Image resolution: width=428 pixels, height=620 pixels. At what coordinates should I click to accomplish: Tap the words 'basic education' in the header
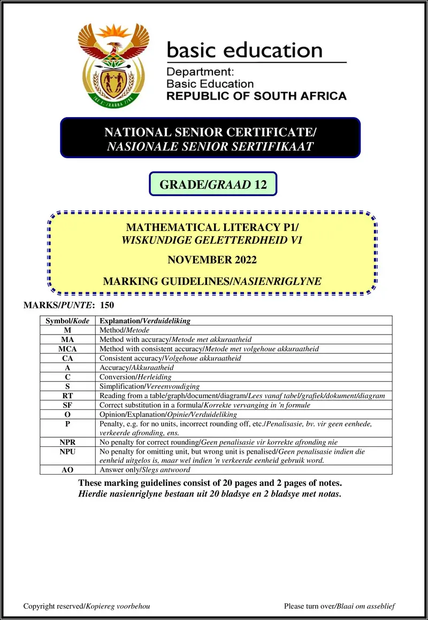pos(245,51)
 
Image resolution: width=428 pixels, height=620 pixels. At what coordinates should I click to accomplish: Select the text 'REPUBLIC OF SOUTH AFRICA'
pos(256,96)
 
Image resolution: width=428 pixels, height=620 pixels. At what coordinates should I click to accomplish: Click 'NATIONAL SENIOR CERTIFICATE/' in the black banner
pos(210,132)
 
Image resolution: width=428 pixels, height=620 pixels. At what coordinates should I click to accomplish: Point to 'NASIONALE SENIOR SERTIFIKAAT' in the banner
pos(210,146)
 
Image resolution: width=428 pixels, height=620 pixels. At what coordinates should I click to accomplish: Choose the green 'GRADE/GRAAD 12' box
pos(213,185)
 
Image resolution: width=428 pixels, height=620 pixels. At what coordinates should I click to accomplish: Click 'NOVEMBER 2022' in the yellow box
pos(212,260)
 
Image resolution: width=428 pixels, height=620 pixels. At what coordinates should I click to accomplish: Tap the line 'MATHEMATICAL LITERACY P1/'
pos(212,227)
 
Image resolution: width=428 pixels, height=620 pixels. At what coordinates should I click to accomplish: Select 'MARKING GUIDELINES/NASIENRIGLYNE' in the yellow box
pos(212,281)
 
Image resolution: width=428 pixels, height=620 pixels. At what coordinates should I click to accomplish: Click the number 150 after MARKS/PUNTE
pos(107,305)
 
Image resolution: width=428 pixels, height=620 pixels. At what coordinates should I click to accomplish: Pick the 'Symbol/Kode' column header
pos(67,321)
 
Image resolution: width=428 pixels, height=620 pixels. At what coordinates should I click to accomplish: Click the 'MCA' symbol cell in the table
pos(67,349)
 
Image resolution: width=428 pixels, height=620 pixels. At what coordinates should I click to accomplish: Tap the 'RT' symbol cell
pos(67,396)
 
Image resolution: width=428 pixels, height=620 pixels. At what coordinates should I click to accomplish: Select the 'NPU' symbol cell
pos(67,452)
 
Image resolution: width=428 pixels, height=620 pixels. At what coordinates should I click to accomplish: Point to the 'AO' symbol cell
pos(67,470)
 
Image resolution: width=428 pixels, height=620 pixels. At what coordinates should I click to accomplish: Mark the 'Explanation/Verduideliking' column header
pos(145,321)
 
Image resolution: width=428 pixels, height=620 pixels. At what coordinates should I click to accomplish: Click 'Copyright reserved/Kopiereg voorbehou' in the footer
pos(87,606)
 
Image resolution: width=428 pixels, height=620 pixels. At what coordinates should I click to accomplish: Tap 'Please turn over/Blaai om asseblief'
pos(340,606)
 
